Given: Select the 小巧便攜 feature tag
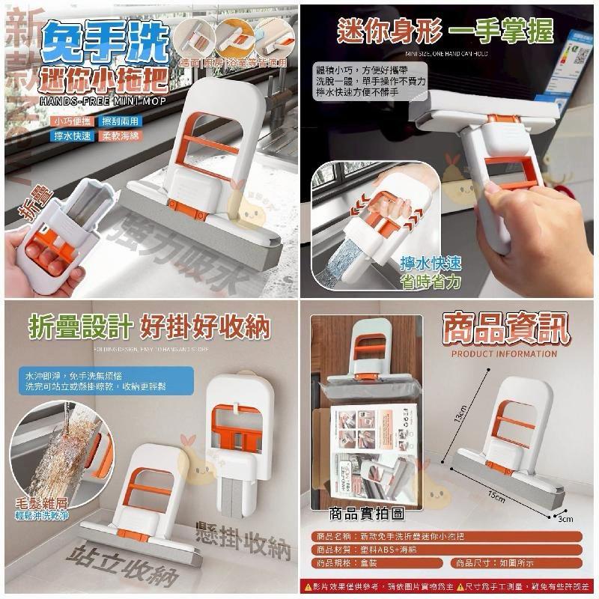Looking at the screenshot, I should tap(75, 121).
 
